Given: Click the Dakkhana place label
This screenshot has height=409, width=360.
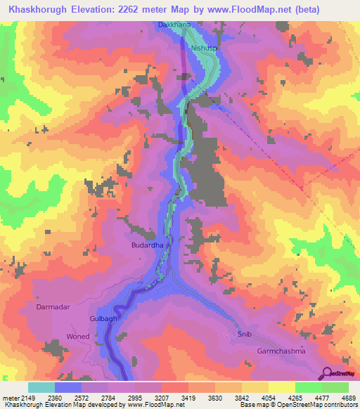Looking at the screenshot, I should pos(173,25).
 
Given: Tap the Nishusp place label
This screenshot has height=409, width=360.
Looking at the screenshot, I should pos(205,48).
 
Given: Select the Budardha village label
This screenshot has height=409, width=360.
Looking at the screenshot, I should pos(147,245).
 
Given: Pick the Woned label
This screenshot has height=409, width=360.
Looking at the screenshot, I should pos(78,337).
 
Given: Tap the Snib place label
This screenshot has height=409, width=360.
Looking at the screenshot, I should pos(243,335).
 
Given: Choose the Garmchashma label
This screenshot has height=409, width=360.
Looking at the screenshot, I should pos(281,350).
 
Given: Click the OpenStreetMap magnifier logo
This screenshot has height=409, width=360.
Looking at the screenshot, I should pos(328,372).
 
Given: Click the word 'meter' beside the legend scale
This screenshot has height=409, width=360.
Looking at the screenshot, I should pos(10,398).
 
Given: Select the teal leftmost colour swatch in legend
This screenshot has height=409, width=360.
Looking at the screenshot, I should pos(41,387).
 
